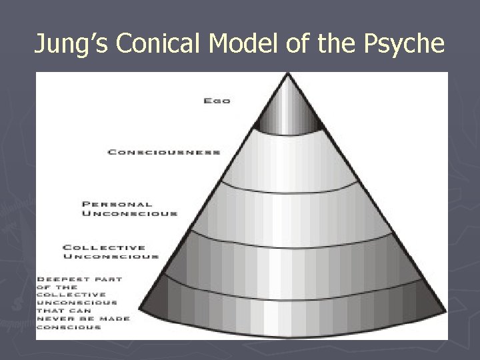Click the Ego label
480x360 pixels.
(x=217, y=101)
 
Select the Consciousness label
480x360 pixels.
(x=164, y=152)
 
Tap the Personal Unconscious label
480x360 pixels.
(x=130, y=209)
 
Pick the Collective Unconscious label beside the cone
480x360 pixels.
(x=111, y=251)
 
